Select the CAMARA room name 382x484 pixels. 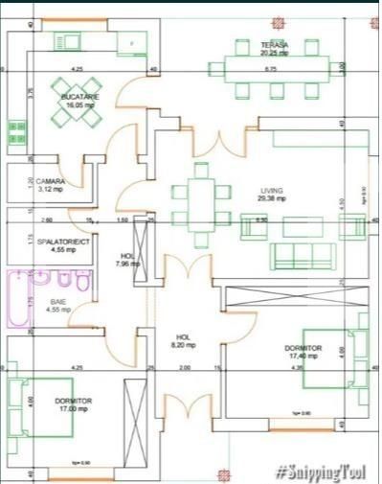pos(52,182)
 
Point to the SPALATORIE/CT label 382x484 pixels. pos(63,242)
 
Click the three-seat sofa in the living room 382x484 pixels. pos(303,256)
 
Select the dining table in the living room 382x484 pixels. pos(200,202)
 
